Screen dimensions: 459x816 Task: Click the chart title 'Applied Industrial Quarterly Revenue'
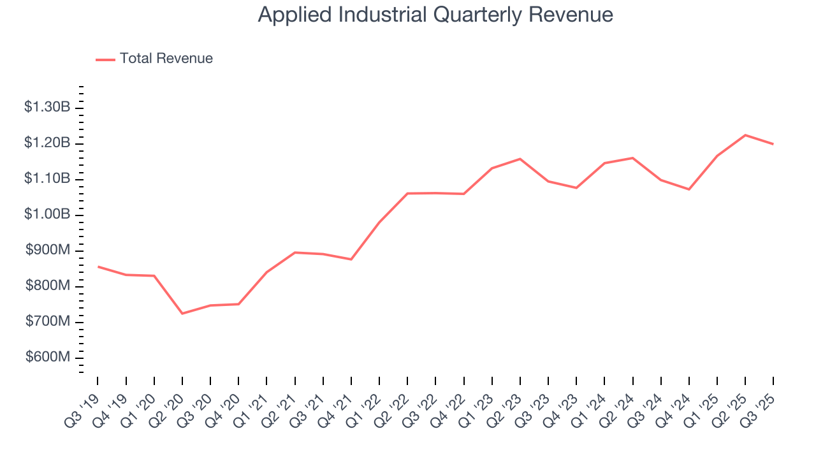coord(435,15)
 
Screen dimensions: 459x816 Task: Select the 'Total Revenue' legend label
coord(166,59)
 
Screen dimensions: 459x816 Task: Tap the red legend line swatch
coord(105,59)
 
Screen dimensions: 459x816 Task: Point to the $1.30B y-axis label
coord(47,107)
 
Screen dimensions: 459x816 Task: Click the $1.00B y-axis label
coord(47,214)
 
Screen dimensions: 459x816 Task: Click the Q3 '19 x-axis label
coord(83,404)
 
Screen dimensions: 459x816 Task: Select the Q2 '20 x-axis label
coord(167,404)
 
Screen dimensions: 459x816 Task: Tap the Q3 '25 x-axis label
coord(759,404)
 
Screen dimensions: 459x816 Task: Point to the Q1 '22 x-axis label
coord(365,404)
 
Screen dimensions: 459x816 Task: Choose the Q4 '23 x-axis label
coord(562,404)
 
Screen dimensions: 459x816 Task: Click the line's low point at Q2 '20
coord(182,314)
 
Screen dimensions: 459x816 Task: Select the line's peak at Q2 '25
coord(745,135)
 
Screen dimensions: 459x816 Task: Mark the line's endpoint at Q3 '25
coord(773,144)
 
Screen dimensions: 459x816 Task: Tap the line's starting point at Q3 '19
coord(98,266)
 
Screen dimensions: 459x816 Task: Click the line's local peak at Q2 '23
coord(520,159)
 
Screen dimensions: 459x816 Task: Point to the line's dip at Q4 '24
coord(689,189)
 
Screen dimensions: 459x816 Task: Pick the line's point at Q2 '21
coord(295,252)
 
